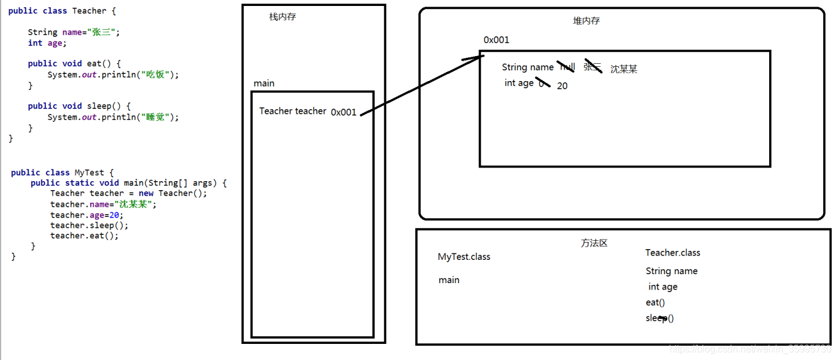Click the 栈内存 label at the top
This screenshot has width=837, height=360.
282,17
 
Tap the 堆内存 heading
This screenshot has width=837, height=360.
586,21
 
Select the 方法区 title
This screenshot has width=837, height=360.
594,243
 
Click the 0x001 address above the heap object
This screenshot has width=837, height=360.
496,40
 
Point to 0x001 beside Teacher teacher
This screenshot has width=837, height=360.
344,112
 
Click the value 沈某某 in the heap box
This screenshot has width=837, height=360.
624,69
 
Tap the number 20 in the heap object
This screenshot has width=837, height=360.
562,86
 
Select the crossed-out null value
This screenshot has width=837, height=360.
567,67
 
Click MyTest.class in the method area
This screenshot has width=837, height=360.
464,257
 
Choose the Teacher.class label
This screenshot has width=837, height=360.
673,253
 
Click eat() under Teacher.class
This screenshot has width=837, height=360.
655,302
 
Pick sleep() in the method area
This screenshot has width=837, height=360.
659,318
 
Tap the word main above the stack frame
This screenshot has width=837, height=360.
264,83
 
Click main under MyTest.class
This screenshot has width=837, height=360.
449,280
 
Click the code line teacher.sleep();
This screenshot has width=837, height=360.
89,225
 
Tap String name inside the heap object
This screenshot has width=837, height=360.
528,67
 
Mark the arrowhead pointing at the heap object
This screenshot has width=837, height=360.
477,57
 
